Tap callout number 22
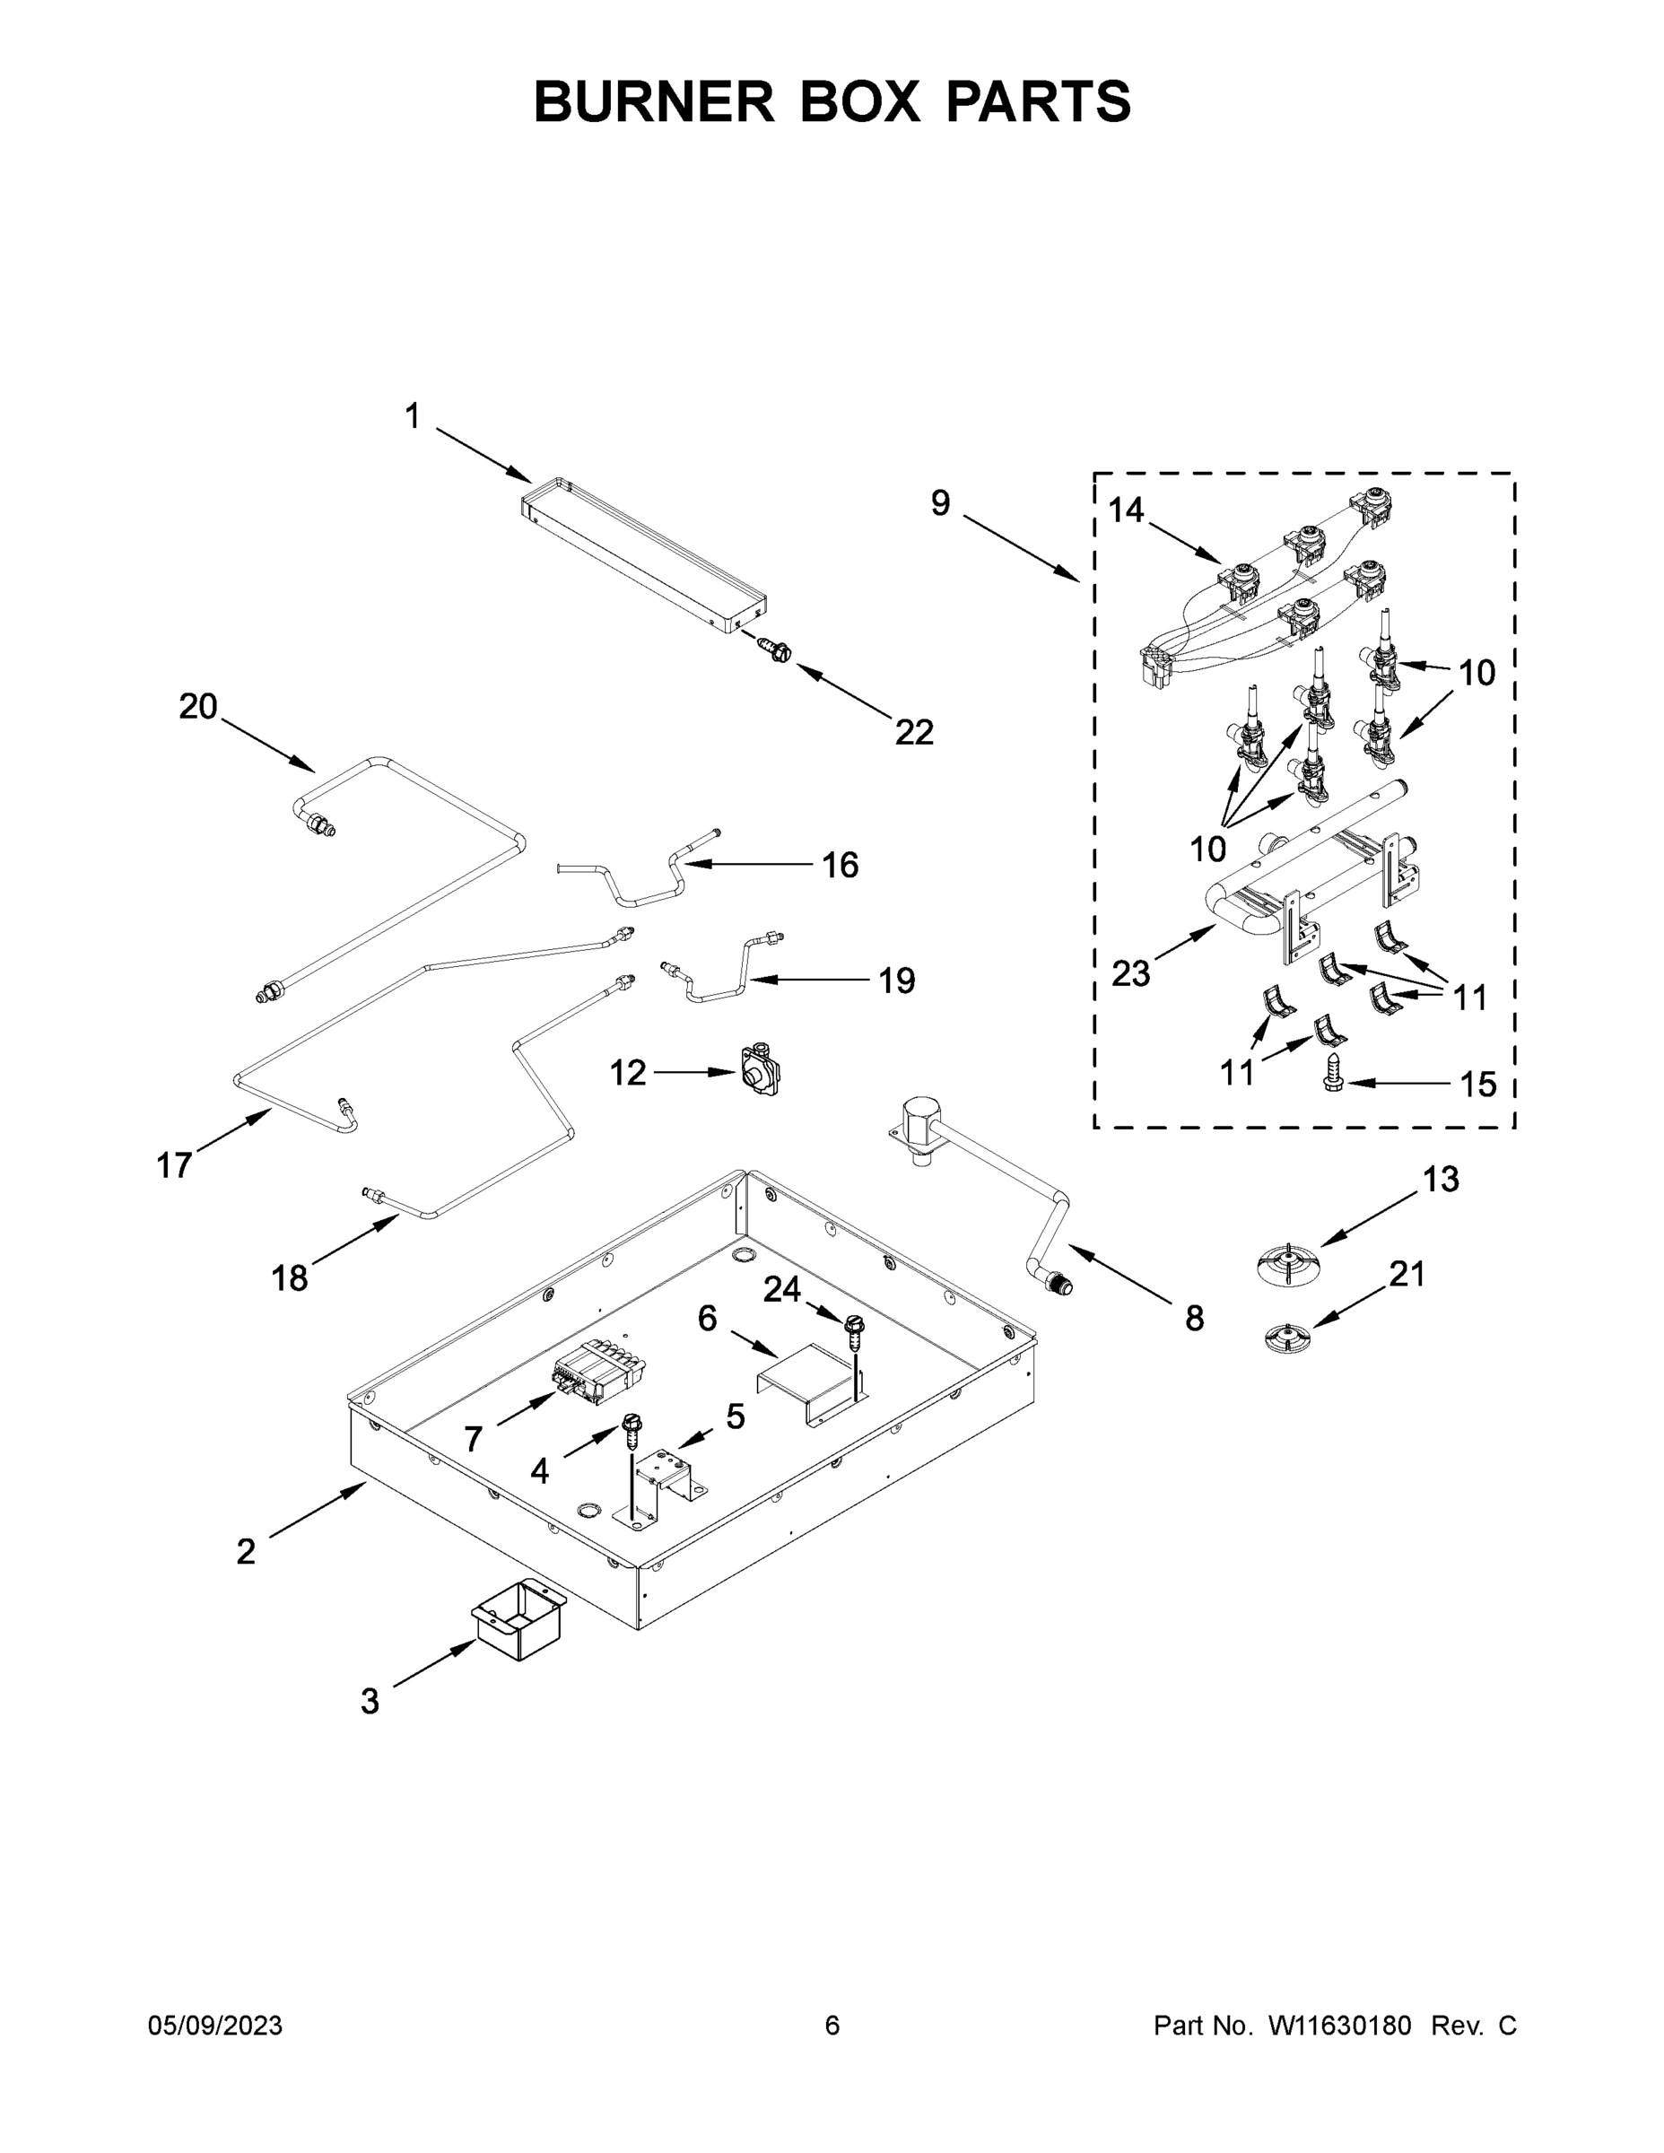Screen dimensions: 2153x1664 click(x=914, y=732)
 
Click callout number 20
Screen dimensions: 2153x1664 click(x=197, y=706)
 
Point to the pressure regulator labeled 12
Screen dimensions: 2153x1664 click(x=760, y=1069)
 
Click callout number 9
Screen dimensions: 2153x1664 click(x=940, y=502)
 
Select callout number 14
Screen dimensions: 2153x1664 click(x=1126, y=510)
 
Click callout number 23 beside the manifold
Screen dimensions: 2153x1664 click(x=1130, y=974)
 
